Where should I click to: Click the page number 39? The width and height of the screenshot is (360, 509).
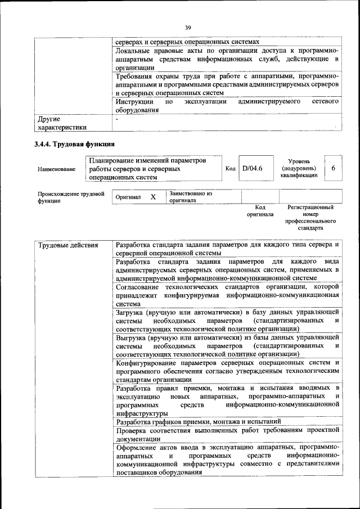click(188, 27)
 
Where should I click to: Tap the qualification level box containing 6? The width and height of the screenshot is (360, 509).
click(334, 168)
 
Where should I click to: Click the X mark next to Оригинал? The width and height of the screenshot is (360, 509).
click(152, 197)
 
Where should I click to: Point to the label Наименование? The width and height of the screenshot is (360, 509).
click(57, 169)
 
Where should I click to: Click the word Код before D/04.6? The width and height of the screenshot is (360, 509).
click(231, 168)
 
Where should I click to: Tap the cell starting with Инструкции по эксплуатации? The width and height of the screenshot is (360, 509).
click(227, 106)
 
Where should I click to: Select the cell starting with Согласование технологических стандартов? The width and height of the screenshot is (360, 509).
click(227, 295)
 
